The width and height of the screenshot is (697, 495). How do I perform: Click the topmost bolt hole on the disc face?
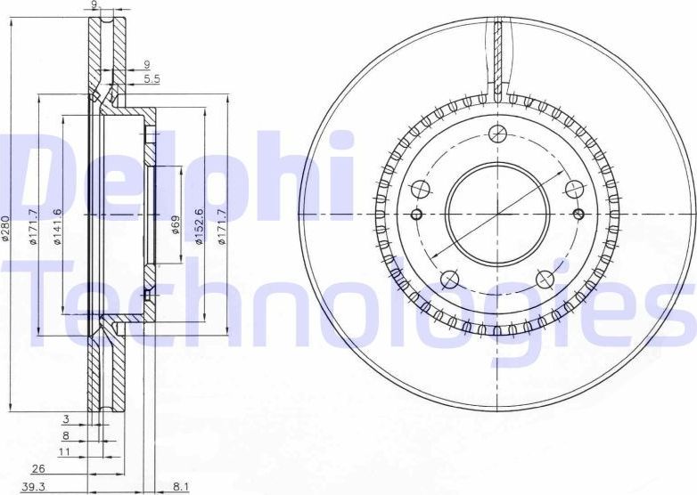pos(497,134)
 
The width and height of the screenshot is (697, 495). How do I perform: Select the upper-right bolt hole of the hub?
pos(573,189)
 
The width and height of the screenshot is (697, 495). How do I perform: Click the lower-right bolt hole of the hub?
pos(545,281)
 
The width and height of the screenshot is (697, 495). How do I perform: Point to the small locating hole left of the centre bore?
pos(416,215)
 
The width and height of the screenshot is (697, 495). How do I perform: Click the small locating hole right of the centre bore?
pos(578,214)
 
